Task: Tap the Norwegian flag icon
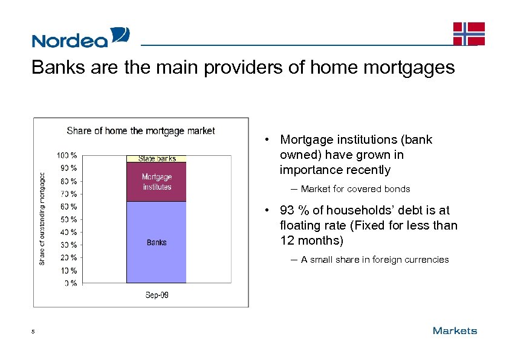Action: (469, 34)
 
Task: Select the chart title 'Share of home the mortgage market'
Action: (141, 130)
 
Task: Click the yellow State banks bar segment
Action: (157, 159)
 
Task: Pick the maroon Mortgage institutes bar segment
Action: (157, 182)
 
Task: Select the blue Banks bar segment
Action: (157, 242)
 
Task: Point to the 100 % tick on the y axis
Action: (67, 155)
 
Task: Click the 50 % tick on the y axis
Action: (68, 219)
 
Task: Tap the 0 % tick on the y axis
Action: (70, 283)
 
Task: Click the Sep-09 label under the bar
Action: (157, 295)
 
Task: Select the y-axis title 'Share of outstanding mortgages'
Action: (42, 218)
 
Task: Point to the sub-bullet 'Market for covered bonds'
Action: (355, 189)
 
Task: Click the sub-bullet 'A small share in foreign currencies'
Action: (375, 260)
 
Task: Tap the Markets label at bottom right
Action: (455, 330)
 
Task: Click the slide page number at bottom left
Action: (34, 331)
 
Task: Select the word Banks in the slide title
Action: (54, 68)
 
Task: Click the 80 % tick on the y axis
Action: (68, 181)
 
